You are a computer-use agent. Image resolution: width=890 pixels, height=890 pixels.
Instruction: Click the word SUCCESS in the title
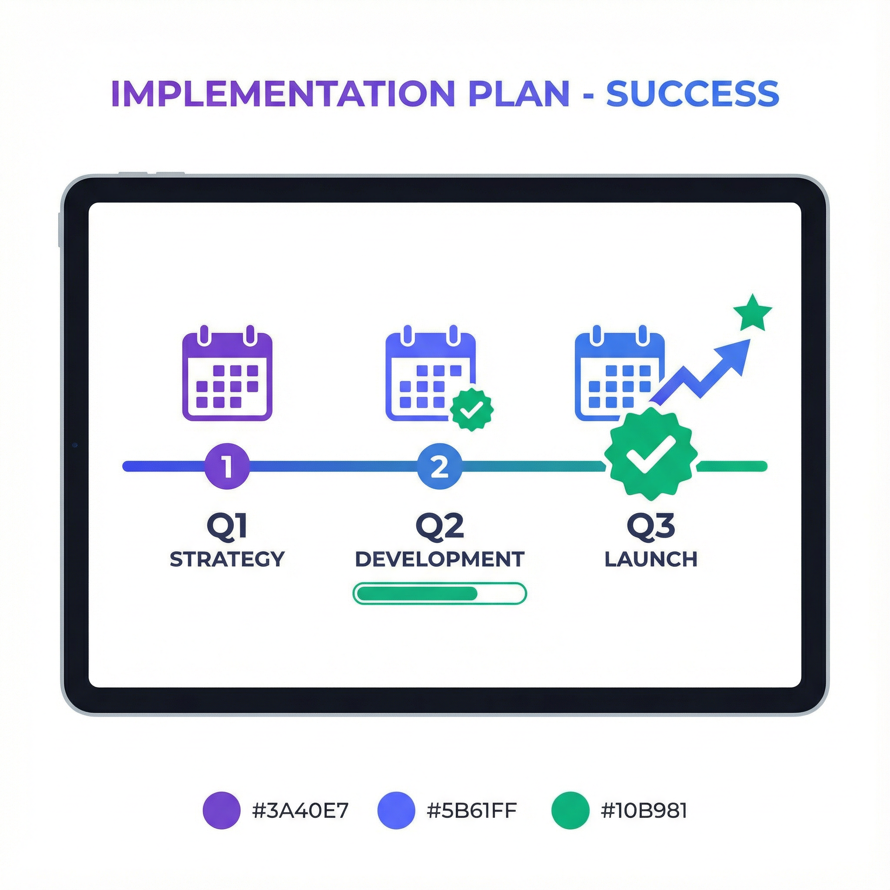pos(692,93)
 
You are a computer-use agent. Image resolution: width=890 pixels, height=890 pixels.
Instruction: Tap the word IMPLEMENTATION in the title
pos(283,93)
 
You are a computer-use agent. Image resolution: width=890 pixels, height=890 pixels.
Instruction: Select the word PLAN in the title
pos(519,93)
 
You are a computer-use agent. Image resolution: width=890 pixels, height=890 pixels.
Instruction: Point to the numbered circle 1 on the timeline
pos(227,466)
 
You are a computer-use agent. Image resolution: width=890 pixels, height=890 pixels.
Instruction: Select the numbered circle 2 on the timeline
pos(439,466)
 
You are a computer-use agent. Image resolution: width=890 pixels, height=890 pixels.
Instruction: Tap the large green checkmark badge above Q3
pos(651,454)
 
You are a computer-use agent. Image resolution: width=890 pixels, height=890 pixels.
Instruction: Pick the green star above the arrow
pos(752,314)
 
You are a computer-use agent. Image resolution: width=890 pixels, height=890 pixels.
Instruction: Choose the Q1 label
pos(227,526)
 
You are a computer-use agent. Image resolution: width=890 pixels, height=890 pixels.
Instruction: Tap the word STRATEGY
pos(227,559)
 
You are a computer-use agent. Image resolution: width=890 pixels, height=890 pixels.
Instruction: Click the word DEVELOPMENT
pos(439,559)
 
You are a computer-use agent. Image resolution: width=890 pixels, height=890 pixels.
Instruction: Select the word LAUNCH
pos(651,559)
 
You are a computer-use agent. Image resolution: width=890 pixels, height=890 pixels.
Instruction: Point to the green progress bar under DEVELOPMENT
pos(439,593)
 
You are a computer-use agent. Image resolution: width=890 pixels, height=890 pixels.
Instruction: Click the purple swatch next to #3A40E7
pos(222,810)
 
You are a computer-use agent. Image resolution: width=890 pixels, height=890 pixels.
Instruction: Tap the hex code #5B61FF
pos(471,810)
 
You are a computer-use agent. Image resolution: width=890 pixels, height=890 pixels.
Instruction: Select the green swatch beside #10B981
pos(570,810)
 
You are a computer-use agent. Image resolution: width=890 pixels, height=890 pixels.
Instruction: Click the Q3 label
pos(651,526)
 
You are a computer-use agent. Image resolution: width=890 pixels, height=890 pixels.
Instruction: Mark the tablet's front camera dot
pos(75,445)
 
